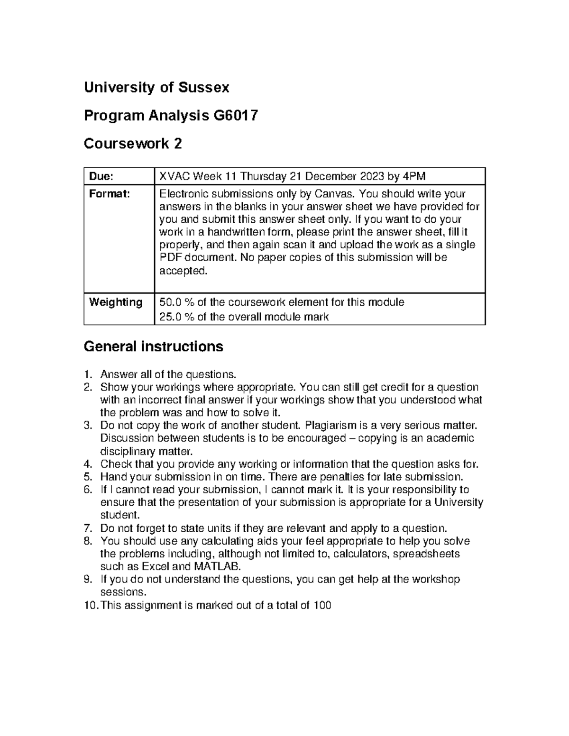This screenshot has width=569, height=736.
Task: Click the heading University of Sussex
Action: [156, 88]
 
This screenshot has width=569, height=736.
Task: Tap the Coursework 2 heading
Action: [132, 144]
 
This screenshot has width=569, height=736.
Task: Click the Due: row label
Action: [101, 177]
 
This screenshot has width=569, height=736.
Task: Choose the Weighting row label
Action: [115, 302]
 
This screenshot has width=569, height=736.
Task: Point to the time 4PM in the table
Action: [414, 177]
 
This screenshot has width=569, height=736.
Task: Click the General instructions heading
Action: [153, 346]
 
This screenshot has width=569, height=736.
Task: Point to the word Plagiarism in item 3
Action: [330, 425]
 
